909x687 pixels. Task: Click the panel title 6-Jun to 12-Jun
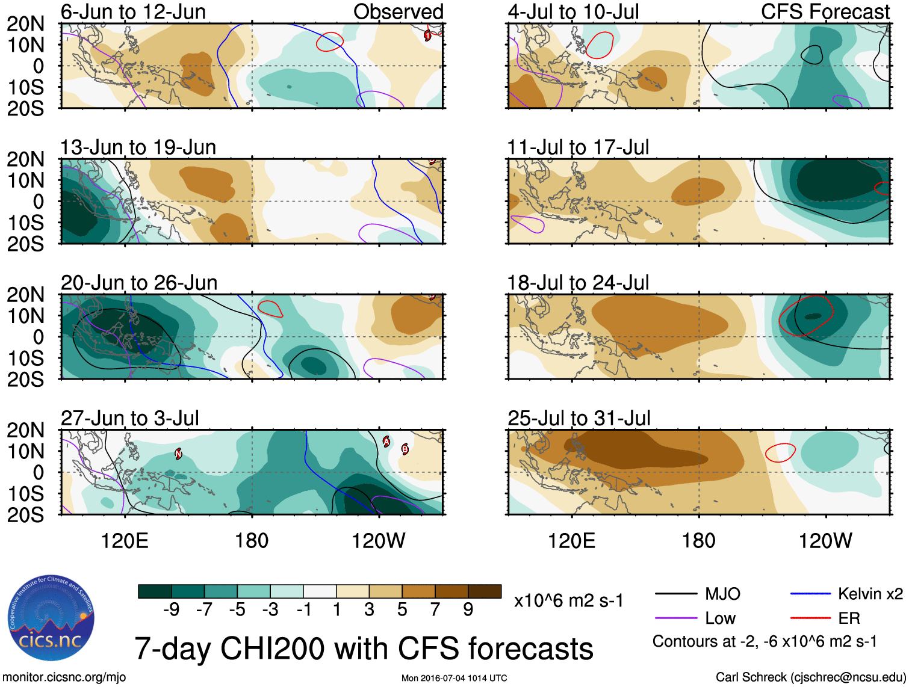click(133, 11)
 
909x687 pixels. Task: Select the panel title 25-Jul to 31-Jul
click(579, 418)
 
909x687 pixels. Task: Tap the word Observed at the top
click(398, 11)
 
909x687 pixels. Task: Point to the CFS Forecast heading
click(825, 11)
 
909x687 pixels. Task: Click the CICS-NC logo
click(51, 618)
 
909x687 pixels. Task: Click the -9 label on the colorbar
click(172, 610)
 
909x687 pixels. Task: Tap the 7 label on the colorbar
click(435, 610)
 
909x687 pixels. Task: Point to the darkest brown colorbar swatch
click(485, 591)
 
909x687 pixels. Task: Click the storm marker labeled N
click(178, 454)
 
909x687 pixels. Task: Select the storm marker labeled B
click(405, 449)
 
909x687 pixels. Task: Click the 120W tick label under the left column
click(378, 541)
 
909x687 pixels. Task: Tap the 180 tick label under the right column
click(698, 541)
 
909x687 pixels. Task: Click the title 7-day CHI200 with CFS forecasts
click(364, 648)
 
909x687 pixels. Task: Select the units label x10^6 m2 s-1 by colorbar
click(568, 600)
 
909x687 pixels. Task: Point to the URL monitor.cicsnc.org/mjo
click(64, 677)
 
